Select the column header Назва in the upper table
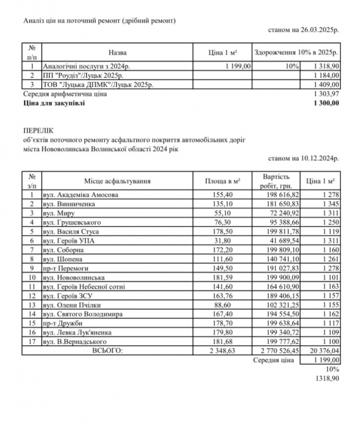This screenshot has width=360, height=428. pyautogui.click(x=118, y=53)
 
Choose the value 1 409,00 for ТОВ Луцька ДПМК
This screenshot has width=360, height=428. pyautogui.click(x=324, y=84)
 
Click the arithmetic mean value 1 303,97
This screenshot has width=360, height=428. pyautogui.click(x=324, y=93)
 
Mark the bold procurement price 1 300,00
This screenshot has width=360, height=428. pyautogui.click(x=324, y=103)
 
